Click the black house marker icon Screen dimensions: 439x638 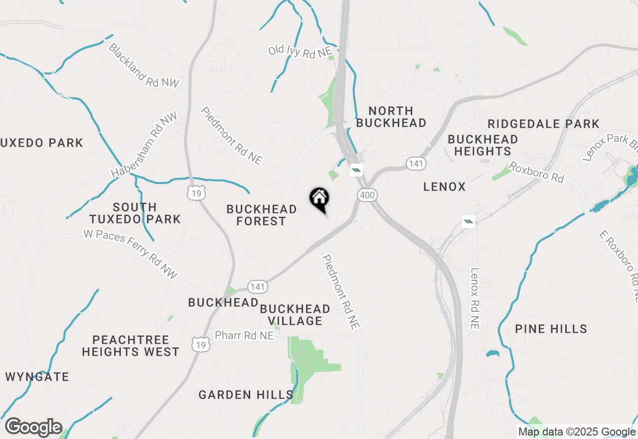(319, 199)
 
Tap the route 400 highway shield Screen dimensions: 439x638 (367, 195)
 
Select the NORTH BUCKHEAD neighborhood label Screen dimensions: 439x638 (391, 117)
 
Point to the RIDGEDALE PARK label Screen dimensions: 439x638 (543, 124)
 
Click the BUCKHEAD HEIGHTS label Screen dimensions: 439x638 (482, 145)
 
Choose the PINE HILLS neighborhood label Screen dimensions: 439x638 (551, 329)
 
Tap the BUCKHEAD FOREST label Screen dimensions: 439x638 (261, 215)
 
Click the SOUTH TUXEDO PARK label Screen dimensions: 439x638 (135, 213)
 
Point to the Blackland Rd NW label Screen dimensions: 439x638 (143, 65)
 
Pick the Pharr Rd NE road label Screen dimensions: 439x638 (244, 336)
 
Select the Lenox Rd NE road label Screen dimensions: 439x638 (475, 298)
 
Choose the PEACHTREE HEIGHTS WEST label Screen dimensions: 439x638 (131, 346)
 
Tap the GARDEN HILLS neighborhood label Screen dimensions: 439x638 (246, 395)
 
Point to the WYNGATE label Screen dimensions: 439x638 (37, 377)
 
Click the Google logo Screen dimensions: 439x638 (34, 428)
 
